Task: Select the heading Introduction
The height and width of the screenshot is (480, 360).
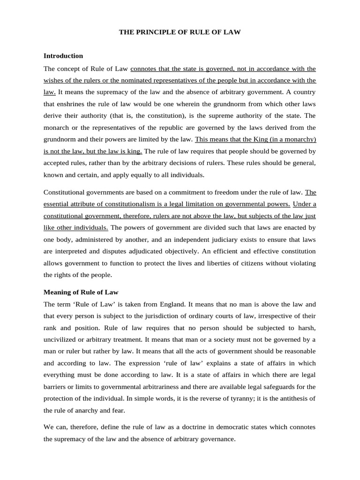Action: pyautogui.click(x=63, y=56)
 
